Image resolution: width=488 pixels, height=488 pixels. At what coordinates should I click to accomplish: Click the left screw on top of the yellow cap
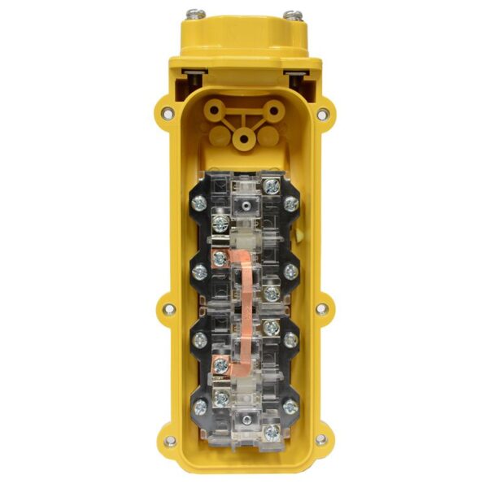(x=196, y=14)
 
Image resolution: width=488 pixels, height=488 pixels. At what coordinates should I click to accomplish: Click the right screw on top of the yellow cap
(x=293, y=15)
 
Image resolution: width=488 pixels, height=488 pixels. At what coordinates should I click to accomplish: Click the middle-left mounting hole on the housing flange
(x=168, y=309)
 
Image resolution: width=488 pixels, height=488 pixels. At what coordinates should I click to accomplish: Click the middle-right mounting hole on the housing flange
(x=321, y=309)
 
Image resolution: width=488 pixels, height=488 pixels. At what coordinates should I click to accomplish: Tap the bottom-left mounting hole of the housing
(x=170, y=441)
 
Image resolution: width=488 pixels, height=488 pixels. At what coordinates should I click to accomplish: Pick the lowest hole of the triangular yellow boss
(x=242, y=139)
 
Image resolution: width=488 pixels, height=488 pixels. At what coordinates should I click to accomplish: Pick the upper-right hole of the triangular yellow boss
(x=272, y=107)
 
